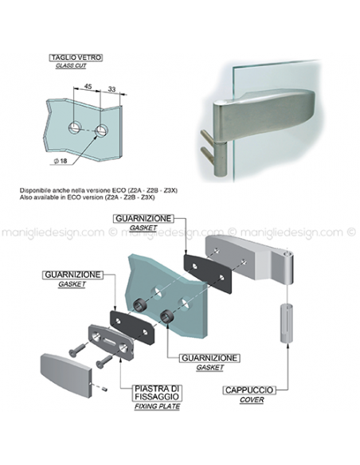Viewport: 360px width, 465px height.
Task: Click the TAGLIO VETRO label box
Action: click(76, 57)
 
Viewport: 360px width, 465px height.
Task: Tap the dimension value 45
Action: click(88, 86)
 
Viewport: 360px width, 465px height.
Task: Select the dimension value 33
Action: click(112, 88)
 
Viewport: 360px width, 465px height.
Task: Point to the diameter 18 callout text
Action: click(61, 161)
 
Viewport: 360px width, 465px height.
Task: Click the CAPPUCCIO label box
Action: click(249, 390)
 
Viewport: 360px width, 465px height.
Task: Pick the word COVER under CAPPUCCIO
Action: click(252, 400)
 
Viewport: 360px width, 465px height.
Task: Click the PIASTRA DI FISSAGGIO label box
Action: click(157, 393)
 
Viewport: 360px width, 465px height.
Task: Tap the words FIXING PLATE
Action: click(157, 406)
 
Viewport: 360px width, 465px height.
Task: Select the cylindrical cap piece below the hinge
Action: click(287, 323)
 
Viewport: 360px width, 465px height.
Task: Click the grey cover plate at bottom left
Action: click(66, 374)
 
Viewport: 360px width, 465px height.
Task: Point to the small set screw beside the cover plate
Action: click(104, 389)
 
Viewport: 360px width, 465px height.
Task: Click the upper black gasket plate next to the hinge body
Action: click(207, 272)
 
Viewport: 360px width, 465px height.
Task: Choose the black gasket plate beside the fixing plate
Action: click(132, 326)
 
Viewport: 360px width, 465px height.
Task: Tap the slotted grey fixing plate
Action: click(111, 342)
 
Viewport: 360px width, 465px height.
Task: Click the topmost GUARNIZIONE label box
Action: click(143, 218)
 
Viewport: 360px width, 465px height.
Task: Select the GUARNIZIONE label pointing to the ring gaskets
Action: click(209, 358)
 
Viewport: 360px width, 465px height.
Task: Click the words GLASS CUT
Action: click(71, 65)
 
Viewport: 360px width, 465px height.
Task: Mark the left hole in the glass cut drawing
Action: click(75, 128)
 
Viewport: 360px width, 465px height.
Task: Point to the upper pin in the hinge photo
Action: click(207, 137)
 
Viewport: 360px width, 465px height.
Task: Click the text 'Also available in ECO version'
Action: click(61, 197)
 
